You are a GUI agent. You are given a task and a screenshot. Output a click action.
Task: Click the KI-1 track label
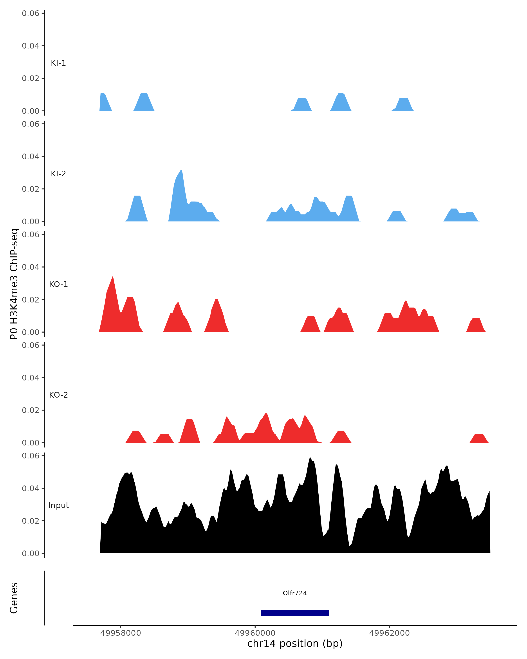[x=58, y=63]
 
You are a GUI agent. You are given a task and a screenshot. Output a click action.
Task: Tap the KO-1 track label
[x=58, y=284]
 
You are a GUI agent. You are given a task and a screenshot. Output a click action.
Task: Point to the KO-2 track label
[x=58, y=395]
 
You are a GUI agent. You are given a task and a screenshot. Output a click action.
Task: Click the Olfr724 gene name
[x=295, y=593]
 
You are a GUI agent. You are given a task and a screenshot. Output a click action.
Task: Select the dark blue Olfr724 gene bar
[x=295, y=613]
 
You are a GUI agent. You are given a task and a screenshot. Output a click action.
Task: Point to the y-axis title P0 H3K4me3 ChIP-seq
[x=14, y=284]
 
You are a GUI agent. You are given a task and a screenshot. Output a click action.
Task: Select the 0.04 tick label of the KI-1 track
[x=31, y=46]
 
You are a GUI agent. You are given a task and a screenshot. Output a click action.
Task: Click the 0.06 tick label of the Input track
[x=31, y=456]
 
